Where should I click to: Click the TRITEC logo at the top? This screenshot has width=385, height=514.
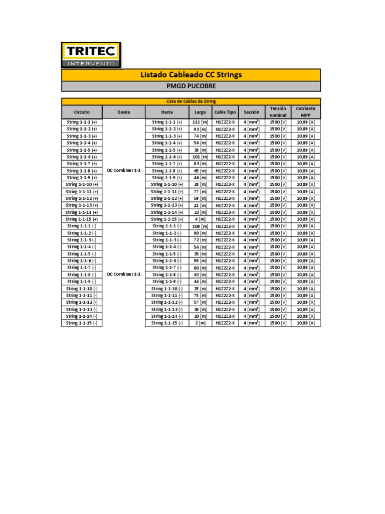(90, 55)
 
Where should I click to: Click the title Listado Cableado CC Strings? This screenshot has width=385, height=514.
(190, 75)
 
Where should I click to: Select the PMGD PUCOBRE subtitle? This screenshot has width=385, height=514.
(190, 86)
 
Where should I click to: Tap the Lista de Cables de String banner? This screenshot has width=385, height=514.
(190, 101)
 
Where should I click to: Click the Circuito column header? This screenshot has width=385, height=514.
(82, 112)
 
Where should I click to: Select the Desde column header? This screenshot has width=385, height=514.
(124, 112)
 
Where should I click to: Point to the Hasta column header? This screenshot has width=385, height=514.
(167, 112)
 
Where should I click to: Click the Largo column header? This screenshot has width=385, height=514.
(200, 112)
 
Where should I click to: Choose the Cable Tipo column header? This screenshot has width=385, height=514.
(225, 112)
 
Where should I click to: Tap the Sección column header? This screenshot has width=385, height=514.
(251, 112)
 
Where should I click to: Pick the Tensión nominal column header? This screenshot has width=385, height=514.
(278, 112)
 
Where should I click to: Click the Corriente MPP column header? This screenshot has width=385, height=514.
(305, 112)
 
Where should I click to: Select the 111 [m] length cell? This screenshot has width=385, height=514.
(200, 122)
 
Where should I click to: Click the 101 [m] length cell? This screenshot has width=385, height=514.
(200, 157)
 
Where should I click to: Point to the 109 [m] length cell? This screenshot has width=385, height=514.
(200, 226)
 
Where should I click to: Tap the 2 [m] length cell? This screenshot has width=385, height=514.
(200, 323)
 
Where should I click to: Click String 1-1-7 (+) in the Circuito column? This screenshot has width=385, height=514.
(82, 164)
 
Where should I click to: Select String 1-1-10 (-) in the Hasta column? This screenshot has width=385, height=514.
(167, 289)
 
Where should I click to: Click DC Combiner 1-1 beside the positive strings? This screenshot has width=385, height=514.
(124, 171)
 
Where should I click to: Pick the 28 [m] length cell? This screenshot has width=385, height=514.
(200, 184)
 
